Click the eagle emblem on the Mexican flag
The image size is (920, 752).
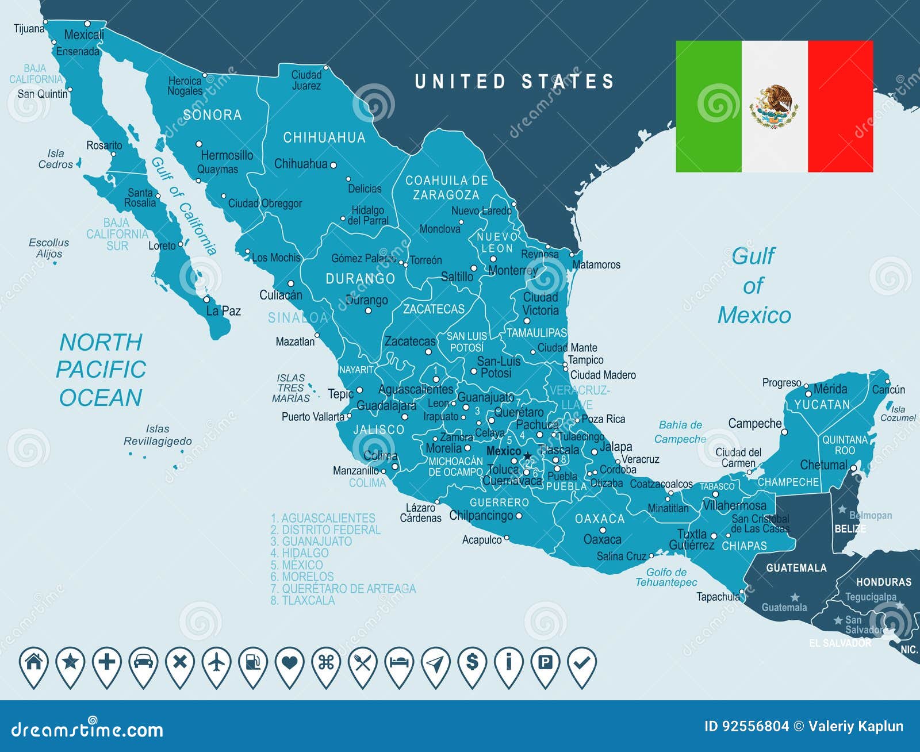click(774, 106)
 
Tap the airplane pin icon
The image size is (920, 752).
click(217, 663)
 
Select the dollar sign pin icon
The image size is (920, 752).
click(472, 663)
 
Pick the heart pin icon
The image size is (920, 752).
click(290, 663)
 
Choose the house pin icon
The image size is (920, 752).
click(34, 662)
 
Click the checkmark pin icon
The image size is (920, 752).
click(582, 663)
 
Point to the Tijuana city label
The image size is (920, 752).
click(29, 28)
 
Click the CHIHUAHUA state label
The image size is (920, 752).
click(324, 137)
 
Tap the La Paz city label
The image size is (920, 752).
click(224, 311)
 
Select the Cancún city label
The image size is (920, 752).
click(888, 390)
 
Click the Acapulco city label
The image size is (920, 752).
click(482, 540)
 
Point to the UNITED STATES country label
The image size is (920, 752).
click(515, 82)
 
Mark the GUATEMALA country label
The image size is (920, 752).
click(796, 568)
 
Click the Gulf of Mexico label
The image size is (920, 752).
click(754, 286)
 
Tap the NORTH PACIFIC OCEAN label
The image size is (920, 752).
click(101, 370)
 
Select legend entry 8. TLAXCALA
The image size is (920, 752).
click(303, 600)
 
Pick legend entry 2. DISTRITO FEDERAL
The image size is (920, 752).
click(325, 530)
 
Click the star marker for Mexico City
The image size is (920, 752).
click(527, 456)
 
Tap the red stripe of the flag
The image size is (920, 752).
click(840, 106)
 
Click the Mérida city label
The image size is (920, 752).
click(830, 389)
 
